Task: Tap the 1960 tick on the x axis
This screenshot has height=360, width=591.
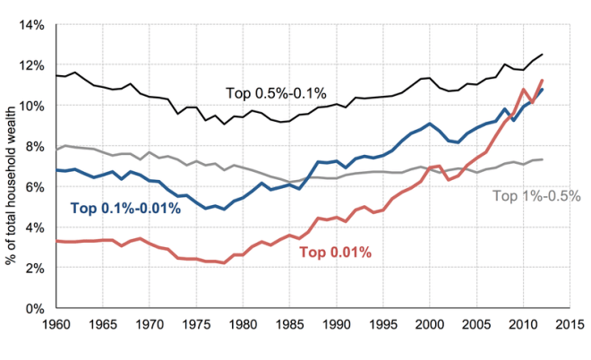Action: click(56, 325)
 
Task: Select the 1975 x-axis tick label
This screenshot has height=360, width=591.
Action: click(196, 325)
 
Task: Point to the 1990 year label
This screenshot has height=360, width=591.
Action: click(337, 325)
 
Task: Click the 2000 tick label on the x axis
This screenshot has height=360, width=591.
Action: click(431, 325)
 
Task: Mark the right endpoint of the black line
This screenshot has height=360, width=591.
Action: click(543, 55)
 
